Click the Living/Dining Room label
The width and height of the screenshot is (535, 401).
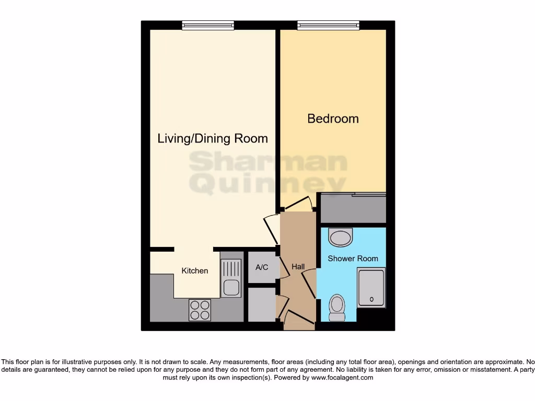[213, 138]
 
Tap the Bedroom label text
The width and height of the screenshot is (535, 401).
[333, 119]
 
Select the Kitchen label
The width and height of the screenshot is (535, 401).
[194, 270]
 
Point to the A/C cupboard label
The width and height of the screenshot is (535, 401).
[262, 267]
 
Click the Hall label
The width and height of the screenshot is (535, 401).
[298, 267]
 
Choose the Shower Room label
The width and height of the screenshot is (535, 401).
[353, 258]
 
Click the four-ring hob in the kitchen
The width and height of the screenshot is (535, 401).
[200, 310]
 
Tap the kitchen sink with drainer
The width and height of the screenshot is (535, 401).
[230, 278]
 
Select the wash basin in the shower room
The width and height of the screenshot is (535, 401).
[341, 238]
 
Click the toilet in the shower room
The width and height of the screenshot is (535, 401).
[338, 308]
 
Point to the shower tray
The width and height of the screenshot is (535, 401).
[371, 288]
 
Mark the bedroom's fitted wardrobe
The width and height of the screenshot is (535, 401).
[353, 208]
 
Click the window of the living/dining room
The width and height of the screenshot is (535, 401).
[207, 25]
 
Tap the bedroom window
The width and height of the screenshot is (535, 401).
[329, 25]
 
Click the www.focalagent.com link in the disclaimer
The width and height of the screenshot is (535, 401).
[342, 378]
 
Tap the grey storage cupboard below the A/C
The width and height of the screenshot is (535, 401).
[261, 305]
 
